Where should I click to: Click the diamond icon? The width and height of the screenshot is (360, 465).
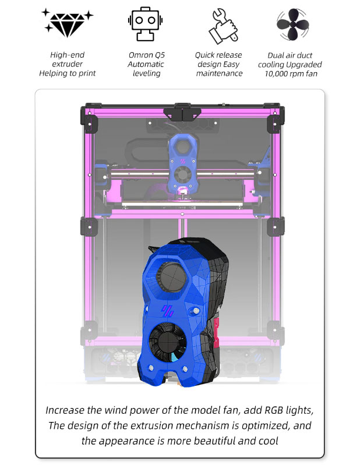tap(68, 23)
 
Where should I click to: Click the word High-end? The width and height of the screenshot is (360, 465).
tap(67, 55)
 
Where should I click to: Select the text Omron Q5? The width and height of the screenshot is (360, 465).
tap(146, 55)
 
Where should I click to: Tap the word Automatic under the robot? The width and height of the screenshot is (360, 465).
tap(146, 65)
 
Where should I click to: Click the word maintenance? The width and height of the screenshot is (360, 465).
tap(219, 74)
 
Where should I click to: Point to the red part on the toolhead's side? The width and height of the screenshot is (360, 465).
tap(216, 332)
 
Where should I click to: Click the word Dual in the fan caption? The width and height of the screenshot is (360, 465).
tap(276, 55)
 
